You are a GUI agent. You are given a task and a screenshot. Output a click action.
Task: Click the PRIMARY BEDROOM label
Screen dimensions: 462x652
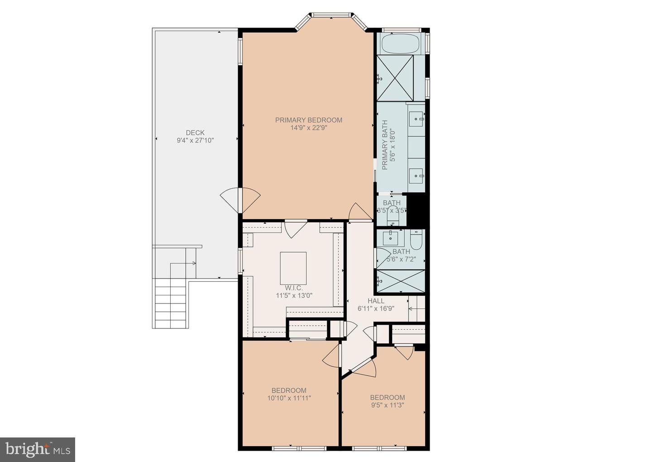(x=308, y=120)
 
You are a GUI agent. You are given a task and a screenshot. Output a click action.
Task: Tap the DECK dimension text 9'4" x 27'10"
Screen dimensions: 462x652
(x=195, y=140)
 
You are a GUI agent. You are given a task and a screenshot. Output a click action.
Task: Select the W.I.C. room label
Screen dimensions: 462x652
(x=294, y=288)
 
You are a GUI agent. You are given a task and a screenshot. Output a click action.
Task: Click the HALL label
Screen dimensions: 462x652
(x=376, y=301)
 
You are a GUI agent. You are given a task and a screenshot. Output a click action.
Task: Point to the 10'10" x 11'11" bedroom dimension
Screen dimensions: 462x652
(x=289, y=398)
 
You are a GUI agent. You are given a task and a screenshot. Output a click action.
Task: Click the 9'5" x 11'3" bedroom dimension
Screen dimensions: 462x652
(x=387, y=405)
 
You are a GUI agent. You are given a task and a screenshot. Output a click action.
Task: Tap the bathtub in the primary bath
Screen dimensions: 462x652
(x=400, y=44)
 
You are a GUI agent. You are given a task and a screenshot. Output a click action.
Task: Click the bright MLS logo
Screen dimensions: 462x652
(x=37, y=449)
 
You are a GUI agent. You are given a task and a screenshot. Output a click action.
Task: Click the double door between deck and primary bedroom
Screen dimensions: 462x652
(x=240, y=199)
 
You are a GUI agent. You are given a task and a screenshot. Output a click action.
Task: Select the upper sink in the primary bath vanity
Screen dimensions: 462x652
(x=417, y=120)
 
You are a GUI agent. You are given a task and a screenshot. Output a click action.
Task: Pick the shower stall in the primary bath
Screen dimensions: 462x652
(x=395, y=77)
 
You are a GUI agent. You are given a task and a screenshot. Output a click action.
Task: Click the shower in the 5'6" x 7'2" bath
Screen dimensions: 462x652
(x=401, y=281)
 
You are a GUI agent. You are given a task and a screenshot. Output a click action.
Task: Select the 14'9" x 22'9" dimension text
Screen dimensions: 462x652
(x=308, y=128)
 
